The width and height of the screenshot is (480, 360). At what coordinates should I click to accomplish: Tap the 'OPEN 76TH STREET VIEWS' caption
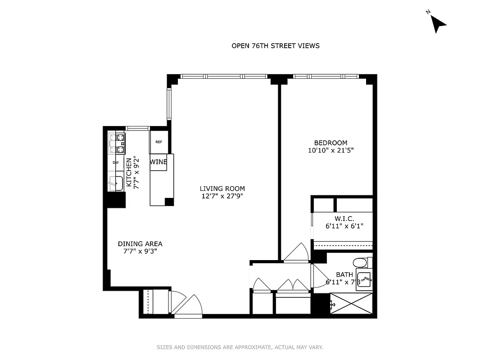point(275,45)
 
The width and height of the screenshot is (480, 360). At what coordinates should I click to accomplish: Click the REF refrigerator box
point(158,142)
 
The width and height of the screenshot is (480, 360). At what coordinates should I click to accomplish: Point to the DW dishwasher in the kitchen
point(116,162)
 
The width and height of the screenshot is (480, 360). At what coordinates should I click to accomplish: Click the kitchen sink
point(116,184)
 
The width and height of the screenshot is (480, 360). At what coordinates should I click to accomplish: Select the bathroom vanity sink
point(364,279)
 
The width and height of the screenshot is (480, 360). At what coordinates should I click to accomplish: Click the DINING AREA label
point(140,244)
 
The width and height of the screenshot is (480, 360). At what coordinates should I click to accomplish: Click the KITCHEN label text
point(129,172)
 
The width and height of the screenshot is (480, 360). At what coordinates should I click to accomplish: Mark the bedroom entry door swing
point(295,252)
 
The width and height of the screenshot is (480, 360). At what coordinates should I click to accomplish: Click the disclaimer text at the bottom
point(240,347)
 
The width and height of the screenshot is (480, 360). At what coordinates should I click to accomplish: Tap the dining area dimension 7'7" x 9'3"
point(140,252)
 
